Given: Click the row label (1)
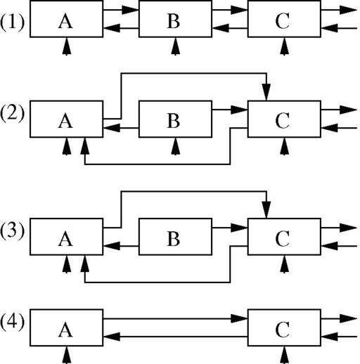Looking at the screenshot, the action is click(x=12, y=22).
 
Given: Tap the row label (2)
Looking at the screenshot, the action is click(x=12, y=114).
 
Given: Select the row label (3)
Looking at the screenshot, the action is click(x=12, y=231).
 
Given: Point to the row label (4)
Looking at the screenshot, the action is click(x=12, y=323).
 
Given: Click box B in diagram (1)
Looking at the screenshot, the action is click(x=175, y=19).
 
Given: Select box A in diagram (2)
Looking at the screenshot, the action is click(x=67, y=119).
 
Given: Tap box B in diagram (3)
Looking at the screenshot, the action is click(x=175, y=237).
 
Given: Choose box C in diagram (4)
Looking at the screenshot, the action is click(x=284, y=327).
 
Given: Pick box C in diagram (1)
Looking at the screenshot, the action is click(x=284, y=19).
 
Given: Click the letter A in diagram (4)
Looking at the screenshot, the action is click(x=65, y=330).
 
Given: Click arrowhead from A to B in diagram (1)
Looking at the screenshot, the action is click(x=130, y=10).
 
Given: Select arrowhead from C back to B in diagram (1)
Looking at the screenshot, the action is click(x=221, y=28).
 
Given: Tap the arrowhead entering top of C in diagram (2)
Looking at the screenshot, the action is click(x=266, y=92).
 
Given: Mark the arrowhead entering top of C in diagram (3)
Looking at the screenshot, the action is click(x=266, y=209).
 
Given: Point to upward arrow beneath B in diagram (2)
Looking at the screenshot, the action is click(x=176, y=146).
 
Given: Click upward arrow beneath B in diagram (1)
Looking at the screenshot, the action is click(x=176, y=46).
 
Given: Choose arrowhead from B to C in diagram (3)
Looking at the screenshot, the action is click(x=239, y=228).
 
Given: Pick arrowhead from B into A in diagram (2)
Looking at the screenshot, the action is click(x=112, y=128).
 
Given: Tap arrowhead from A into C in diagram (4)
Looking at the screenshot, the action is click(x=239, y=318).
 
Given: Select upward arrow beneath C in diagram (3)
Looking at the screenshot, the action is click(x=285, y=264).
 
